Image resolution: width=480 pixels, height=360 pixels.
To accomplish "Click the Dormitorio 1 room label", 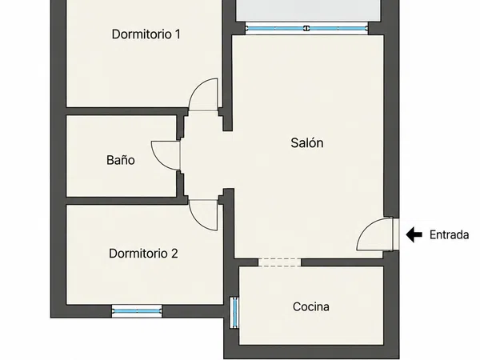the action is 146,34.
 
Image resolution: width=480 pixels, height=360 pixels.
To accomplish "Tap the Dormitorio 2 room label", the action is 143,254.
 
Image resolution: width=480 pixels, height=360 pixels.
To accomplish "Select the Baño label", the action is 121,160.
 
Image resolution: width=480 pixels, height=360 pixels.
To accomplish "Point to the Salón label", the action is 307,142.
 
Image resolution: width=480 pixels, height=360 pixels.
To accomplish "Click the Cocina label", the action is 311,306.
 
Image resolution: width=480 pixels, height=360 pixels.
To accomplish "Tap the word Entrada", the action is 449,234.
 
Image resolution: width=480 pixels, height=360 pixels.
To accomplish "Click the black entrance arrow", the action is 414,234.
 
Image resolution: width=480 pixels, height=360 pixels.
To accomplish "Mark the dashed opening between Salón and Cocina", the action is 280,262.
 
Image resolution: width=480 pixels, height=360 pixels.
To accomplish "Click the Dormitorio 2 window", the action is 137,311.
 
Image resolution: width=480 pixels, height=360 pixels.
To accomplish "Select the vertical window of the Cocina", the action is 234,313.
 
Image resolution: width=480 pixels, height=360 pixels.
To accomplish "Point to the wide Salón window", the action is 306,29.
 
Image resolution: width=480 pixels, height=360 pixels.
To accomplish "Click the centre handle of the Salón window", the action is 306,29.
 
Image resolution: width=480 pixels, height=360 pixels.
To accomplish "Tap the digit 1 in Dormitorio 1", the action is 178,34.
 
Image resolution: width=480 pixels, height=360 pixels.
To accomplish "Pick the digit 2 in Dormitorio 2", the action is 174,254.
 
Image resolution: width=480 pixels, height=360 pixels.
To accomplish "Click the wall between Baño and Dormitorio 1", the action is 127,111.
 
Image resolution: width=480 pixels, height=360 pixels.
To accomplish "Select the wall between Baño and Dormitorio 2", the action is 127,201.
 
